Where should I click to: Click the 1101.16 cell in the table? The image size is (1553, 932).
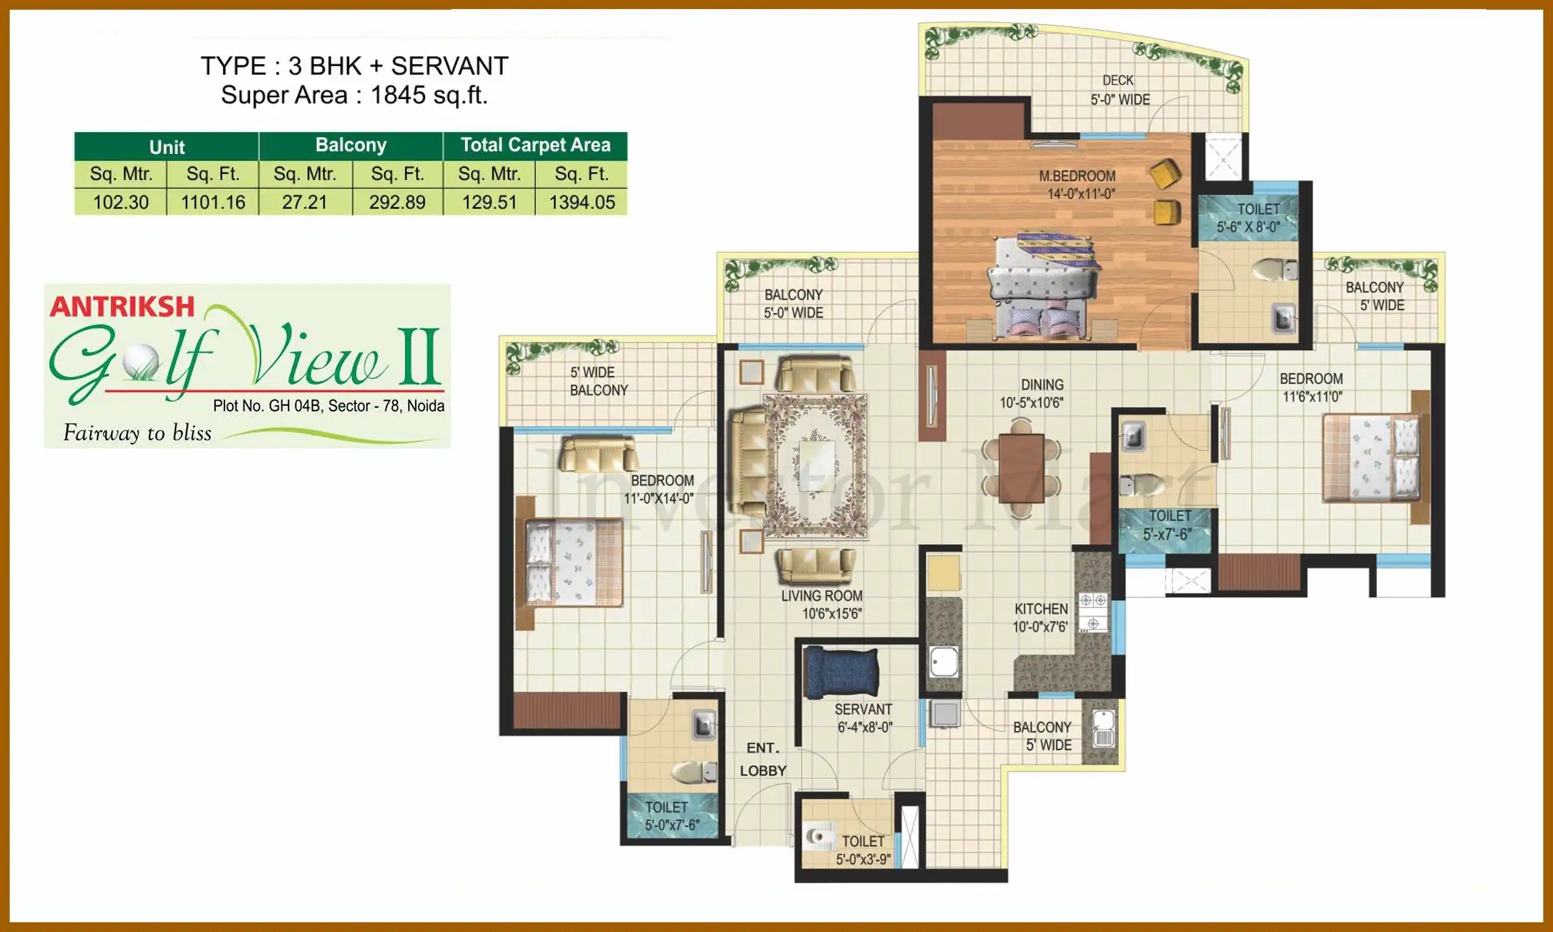tap(213, 203)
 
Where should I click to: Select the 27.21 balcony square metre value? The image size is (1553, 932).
tap(305, 203)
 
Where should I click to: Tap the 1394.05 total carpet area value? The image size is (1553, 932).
tap(582, 203)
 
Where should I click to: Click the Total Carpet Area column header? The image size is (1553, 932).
tap(535, 145)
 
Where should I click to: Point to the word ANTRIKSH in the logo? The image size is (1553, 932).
tap(122, 307)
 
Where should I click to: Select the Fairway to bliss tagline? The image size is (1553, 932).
tap(137, 433)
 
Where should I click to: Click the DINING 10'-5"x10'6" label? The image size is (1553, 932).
tap(1032, 394)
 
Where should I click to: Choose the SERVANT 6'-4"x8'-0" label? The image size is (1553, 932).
tap(864, 718)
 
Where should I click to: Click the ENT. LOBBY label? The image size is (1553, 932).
tap(763, 759)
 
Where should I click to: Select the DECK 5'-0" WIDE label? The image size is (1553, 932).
tap(1119, 90)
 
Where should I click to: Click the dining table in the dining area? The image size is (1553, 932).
tap(1021, 468)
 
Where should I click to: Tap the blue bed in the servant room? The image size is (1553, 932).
tap(841, 671)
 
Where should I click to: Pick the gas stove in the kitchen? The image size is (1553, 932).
tap(1093, 612)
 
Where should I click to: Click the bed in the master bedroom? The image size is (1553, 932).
tap(1043, 285)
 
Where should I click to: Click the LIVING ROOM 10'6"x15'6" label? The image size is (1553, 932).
tap(822, 605)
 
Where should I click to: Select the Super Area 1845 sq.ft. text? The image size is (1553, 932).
tap(354, 95)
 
